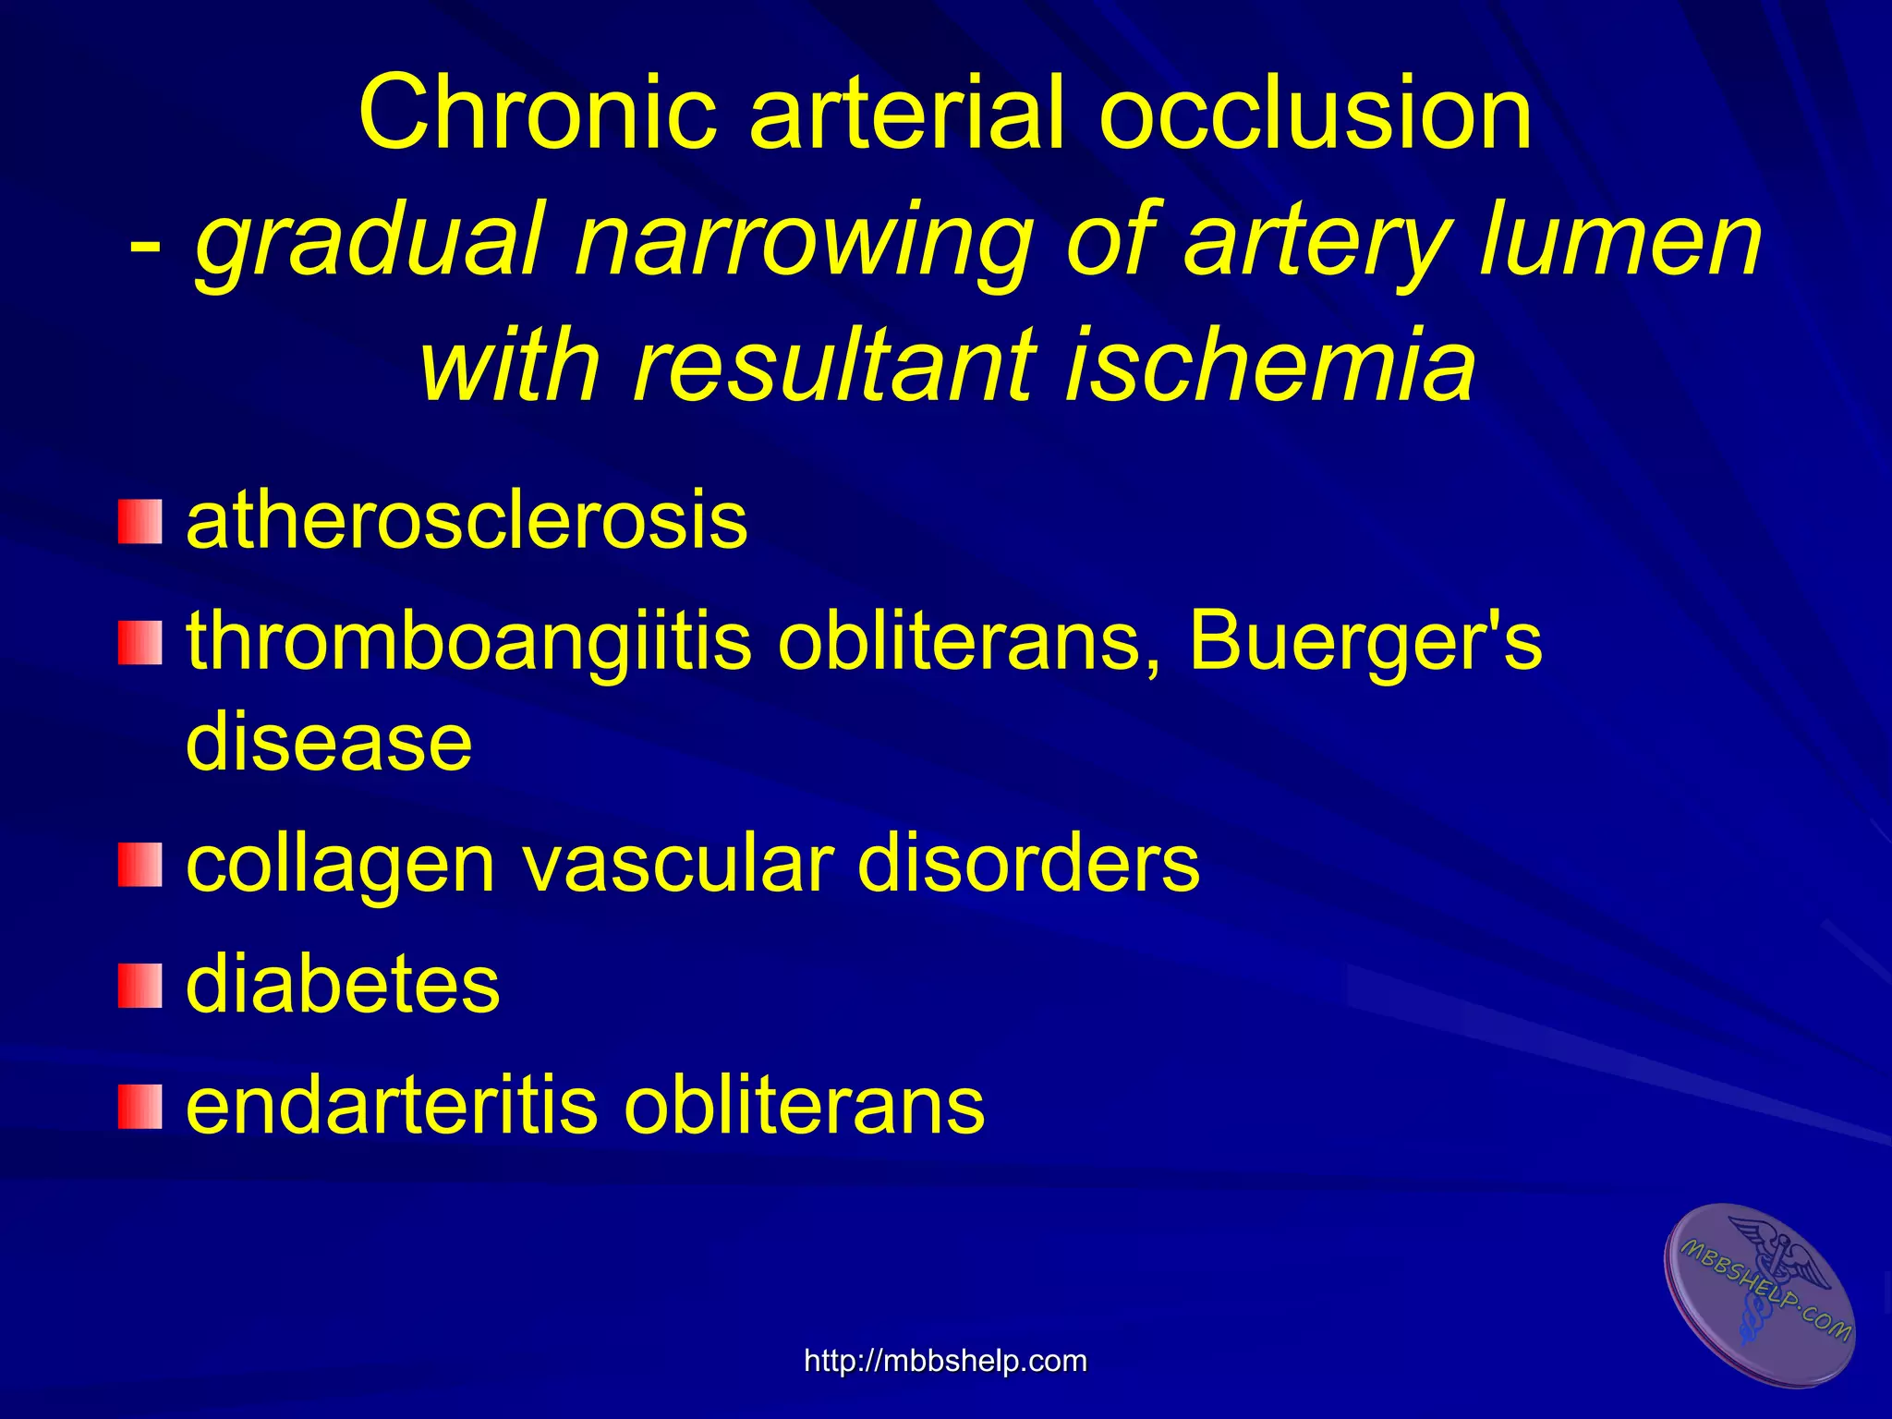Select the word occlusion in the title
point(1316,113)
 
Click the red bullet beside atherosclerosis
point(139,521)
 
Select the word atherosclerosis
point(467,521)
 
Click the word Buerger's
point(1365,641)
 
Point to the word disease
point(329,743)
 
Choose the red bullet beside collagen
point(139,865)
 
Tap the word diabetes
point(343,985)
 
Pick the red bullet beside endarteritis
point(139,1107)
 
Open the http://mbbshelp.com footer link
point(945,1361)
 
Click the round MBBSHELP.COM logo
point(1761,1293)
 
